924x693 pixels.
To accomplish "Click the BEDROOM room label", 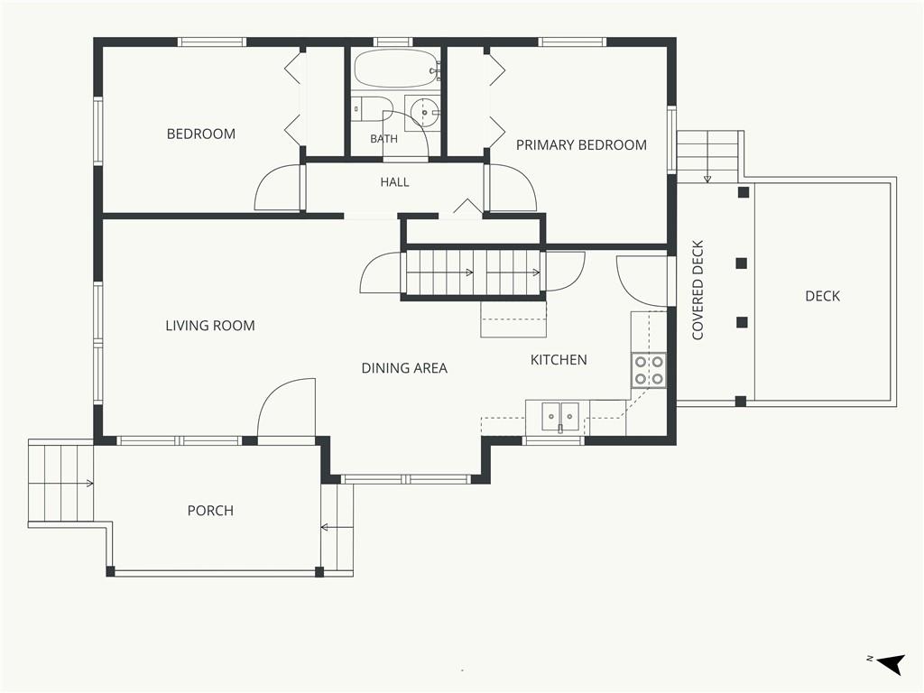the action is click(x=201, y=134).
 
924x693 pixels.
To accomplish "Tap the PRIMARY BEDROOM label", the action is click(x=581, y=145).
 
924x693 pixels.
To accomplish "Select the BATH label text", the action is click(x=383, y=139).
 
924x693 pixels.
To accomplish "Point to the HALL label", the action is click(x=395, y=182).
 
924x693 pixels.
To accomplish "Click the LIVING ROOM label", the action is click(x=210, y=325).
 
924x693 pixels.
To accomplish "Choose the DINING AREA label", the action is click(x=404, y=368).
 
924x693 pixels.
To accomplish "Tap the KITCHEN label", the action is click(x=559, y=359).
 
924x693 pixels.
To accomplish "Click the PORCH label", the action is click(x=210, y=511).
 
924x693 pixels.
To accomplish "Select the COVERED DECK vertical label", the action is click(x=698, y=290).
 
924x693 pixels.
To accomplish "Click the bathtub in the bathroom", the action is click(x=396, y=69).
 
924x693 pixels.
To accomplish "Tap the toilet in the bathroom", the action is click(x=373, y=109).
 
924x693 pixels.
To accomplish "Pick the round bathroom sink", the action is click(x=424, y=111).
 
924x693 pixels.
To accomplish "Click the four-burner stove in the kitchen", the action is click(x=649, y=370).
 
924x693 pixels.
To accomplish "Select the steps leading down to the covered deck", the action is click(x=707, y=157).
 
